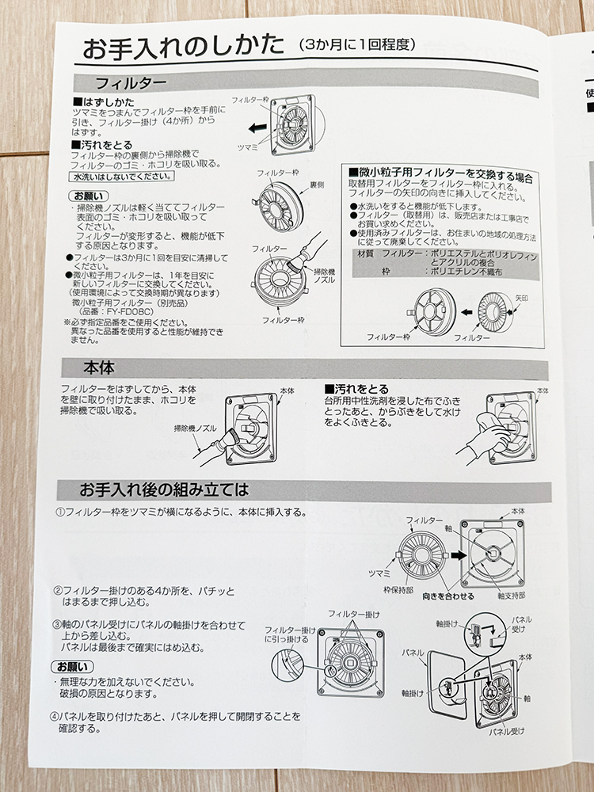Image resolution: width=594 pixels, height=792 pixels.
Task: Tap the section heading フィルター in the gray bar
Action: [x=131, y=83]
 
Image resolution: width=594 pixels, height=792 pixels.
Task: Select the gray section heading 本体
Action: [x=99, y=368]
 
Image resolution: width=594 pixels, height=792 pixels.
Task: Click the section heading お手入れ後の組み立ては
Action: [x=164, y=489]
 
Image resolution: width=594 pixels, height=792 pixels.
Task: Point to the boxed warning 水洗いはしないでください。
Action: [x=122, y=177]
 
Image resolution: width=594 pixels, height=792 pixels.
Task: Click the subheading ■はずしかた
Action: [x=104, y=102]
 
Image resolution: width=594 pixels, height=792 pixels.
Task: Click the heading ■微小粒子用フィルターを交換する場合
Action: [x=440, y=175]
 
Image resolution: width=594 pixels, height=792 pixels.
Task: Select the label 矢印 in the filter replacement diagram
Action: [x=521, y=299]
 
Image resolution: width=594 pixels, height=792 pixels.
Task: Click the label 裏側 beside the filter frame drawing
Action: [x=317, y=185]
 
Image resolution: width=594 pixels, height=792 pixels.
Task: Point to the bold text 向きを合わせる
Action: [x=448, y=596]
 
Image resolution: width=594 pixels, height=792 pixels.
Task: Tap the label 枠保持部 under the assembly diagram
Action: [x=398, y=590]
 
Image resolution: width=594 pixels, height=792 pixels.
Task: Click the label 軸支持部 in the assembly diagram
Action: [x=511, y=596]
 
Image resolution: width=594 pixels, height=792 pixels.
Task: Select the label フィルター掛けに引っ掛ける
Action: [x=291, y=634]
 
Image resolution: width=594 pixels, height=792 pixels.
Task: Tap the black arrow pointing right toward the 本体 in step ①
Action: [x=459, y=556]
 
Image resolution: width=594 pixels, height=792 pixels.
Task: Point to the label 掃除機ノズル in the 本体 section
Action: [x=195, y=428]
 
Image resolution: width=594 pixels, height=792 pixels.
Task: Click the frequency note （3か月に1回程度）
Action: [x=357, y=45]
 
